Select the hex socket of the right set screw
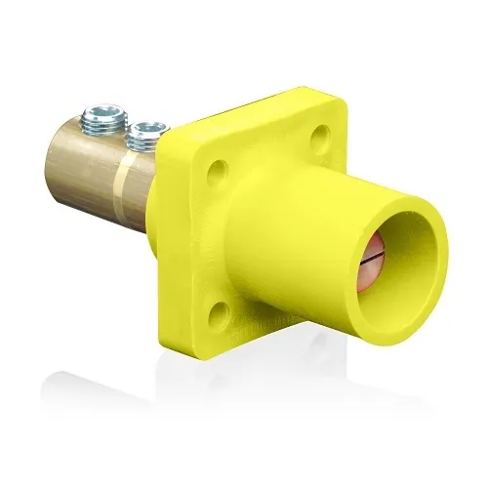click(x=148, y=123)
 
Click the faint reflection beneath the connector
click(x=244, y=410)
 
